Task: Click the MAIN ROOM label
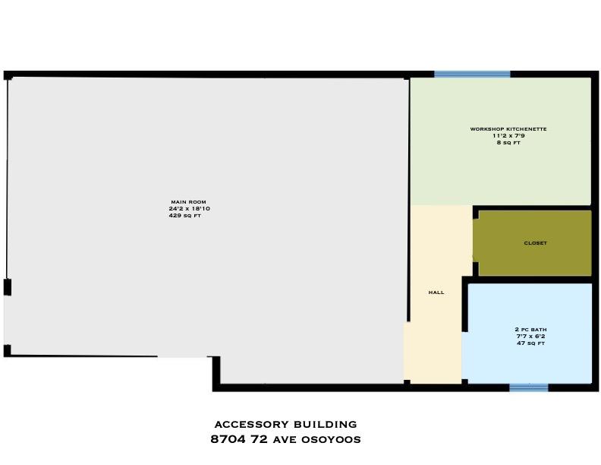click(x=189, y=202)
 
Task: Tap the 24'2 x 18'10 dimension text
click(x=190, y=209)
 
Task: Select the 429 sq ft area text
click(x=184, y=216)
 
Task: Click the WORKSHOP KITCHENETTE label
click(x=508, y=129)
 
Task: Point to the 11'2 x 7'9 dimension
click(x=508, y=135)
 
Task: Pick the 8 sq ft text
click(x=508, y=142)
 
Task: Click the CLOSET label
click(x=536, y=243)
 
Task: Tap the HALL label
click(x=436, y=293)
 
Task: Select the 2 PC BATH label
click(x=530, y=329)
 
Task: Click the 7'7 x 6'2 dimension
click(x=530, y=336)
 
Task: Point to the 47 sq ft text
click(x=530, y=343)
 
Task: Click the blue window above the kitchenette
click(x=472, y=74)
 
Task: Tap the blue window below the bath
click(x=529, y=387)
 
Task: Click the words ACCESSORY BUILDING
click(x=285, y=424)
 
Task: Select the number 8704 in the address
click(x=228, y=439)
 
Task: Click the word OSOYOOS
click(x=331, y=440)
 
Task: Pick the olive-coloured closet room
click(x=535, y=243)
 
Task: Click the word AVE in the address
click(x=285, y=440)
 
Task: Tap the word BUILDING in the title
click(x=326, y=424)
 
